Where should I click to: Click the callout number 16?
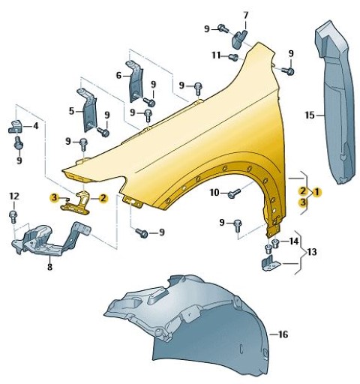click(x=283, y=334)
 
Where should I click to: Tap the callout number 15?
click(x=310, y=115)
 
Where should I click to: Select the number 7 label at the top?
click(x=246, y=15)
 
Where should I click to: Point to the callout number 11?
click(x=217, y=55)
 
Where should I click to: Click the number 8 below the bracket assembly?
click(x=49, y=267)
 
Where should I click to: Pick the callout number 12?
click(x=14, y=196)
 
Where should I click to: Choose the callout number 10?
click(x=214, y=193)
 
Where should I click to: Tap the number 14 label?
click(x=294, y=241)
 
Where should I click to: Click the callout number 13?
click(x=312, y=251)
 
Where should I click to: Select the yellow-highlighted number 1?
click(x=316, y=192)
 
